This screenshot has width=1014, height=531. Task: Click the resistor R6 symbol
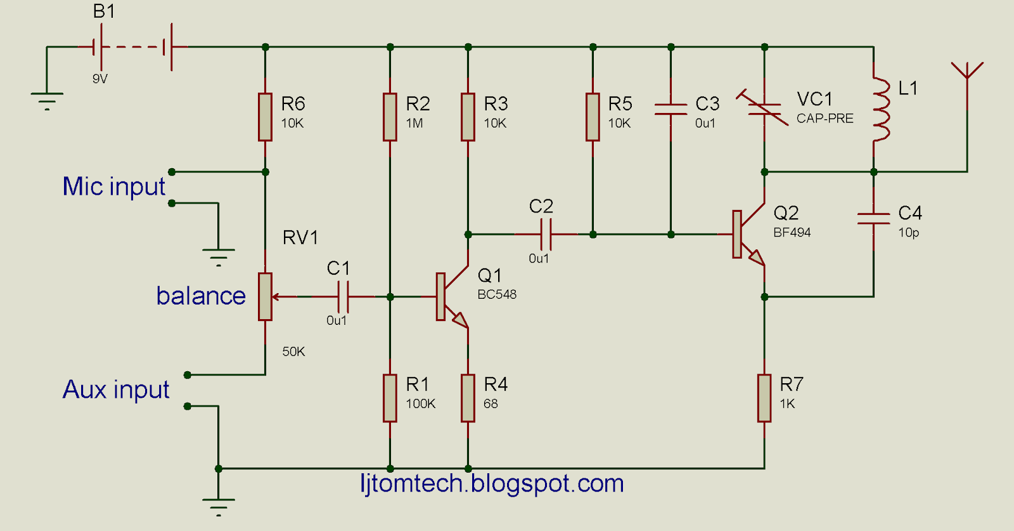pyautogui.click(x=265, y=117)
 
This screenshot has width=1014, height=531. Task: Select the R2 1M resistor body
pyautogui.click(x=390, y=117)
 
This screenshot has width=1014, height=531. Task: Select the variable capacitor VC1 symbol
pyautogui.click(x=764, y=108)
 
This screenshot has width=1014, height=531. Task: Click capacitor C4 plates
pyautogui.click(x=873, y=218)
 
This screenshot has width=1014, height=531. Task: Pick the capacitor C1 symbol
pyautogui.click(x=343, y=296)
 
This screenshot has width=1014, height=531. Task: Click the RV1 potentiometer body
pyautogui.click(x=265, y=296)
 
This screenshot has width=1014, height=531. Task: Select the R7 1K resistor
pyautogui.click(x=764, y=398)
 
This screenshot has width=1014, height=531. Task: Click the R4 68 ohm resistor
pyautogui.click(x=468, y=398)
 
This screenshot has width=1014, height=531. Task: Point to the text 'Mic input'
pyautogui.click(x=114, y=187)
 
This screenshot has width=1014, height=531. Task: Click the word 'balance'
pyautogui.click(x=201, y=296)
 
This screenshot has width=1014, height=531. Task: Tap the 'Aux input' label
pyautogui.click(x=116, y=390)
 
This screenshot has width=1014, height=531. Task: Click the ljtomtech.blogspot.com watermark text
pyautogui.click(x=492, y=483)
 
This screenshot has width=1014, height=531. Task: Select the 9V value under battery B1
pyautogui.click(x=100, y=79)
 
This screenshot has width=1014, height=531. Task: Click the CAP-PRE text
pyautogui.click(x=825, y=119)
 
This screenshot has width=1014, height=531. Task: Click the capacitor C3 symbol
pyautogui.click(x=671, y=109)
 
